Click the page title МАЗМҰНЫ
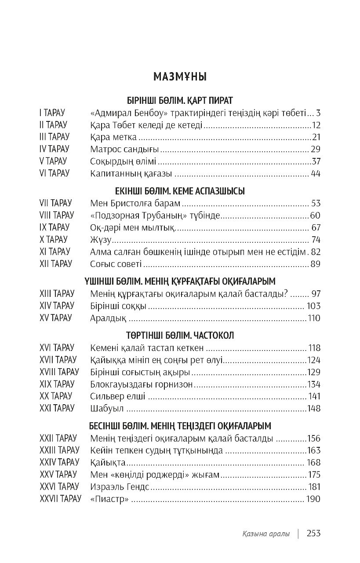(x=180, y=77)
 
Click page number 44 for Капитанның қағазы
(x=315, y=174)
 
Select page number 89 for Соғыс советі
(x=315, y=264)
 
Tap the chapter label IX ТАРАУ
(x=54, y=228)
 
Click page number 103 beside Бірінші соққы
(x=314, y=306)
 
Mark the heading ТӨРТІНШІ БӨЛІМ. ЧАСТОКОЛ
(x=180, y=335)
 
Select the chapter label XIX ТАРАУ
(x=57, y=384)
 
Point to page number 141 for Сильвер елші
(x=314, y=396)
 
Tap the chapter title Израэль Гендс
(x=120, y=487)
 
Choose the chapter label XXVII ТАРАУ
(x=60, y=499)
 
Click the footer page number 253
(x=314, y=533)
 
